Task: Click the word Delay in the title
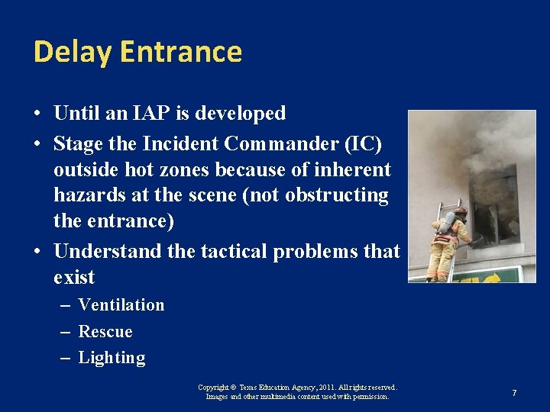pos(72,52)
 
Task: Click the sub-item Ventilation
pos(121,304)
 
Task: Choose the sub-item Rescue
pos(105,331)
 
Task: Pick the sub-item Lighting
pos(112,358)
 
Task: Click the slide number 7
pos(514,392)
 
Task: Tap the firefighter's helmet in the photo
pos(460,211)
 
